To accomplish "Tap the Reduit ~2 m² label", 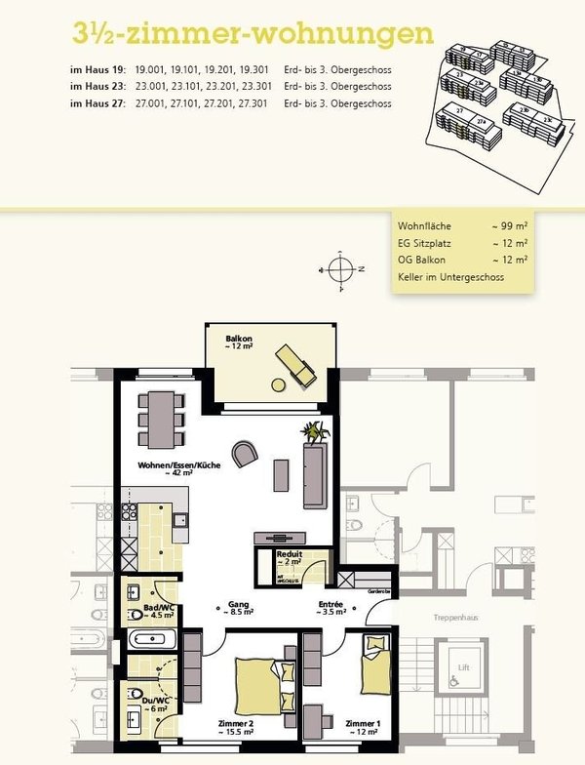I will click(289, 558).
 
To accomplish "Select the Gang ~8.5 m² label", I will click(238, 608).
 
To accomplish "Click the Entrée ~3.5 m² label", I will click(331, 608).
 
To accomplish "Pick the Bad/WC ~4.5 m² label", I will click(158, 610).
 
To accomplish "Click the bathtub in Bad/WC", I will click(154, 640).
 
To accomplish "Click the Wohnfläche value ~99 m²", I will click(510, 225).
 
